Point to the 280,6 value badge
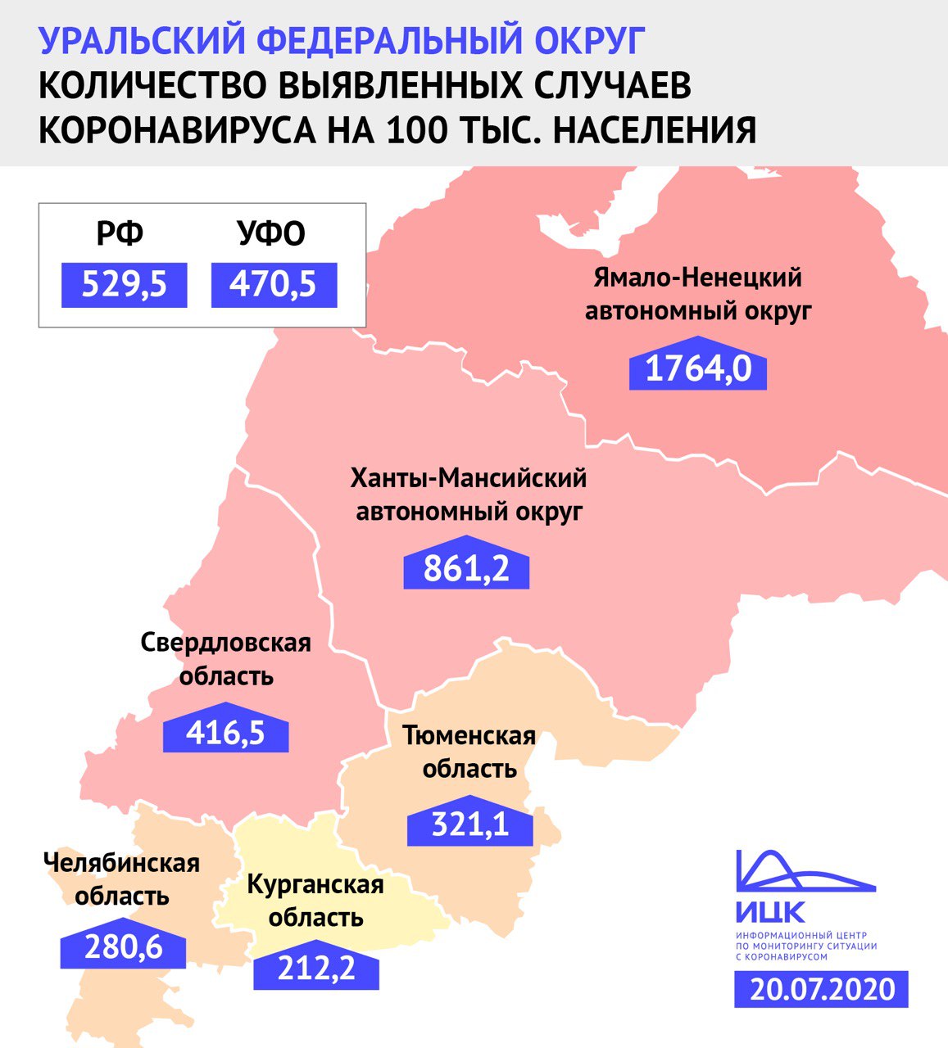click(x=123, y=948)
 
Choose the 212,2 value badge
click(x=316, y=970)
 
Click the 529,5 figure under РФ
click(x=124, y=285)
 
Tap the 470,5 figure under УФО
click(x=274, y=285)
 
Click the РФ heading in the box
click(x=120, y=234)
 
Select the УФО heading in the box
click(x=271, y=234)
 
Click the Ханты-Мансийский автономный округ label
click(x=469, y=495)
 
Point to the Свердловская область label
click(x=225, y=659)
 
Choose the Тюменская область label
click(x=469, y=752)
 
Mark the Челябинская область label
click(x=121, y=879)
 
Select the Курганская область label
click(x=315, y=901)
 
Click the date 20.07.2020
click(x=822, y=990)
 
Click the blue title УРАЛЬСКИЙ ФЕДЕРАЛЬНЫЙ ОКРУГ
click(x=342, y=40)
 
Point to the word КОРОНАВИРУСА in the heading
click(x=172, y=130)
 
